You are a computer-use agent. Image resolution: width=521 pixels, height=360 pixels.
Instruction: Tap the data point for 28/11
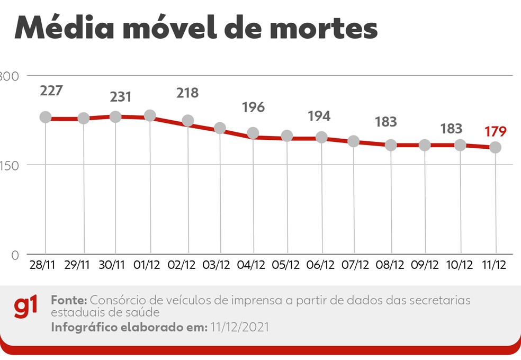[46, 118]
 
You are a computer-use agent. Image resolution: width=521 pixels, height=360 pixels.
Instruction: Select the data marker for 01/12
[150, 115]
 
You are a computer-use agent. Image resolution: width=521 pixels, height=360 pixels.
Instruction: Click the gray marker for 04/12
[253, 133]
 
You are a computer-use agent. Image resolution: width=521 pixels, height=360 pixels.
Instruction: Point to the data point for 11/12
[495, 147]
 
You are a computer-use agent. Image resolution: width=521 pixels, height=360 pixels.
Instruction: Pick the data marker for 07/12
[354, 141]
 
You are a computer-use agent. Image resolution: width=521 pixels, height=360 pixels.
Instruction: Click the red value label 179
[495, 131]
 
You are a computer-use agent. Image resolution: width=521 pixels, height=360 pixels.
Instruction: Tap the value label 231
[121, 97]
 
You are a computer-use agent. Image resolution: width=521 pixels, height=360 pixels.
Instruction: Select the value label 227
[51, 91]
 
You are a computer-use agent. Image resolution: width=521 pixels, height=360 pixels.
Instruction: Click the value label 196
[253, 107]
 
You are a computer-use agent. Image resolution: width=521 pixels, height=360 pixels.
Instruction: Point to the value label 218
[187, 93]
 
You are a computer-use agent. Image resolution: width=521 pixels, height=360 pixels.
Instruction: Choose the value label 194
[319, 116]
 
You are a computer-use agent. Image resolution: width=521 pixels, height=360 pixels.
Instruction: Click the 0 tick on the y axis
[15, 255]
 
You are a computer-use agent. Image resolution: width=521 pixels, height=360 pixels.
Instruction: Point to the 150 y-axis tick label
[10, 165]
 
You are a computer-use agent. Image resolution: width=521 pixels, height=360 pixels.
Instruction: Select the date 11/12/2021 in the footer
[239, 327]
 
